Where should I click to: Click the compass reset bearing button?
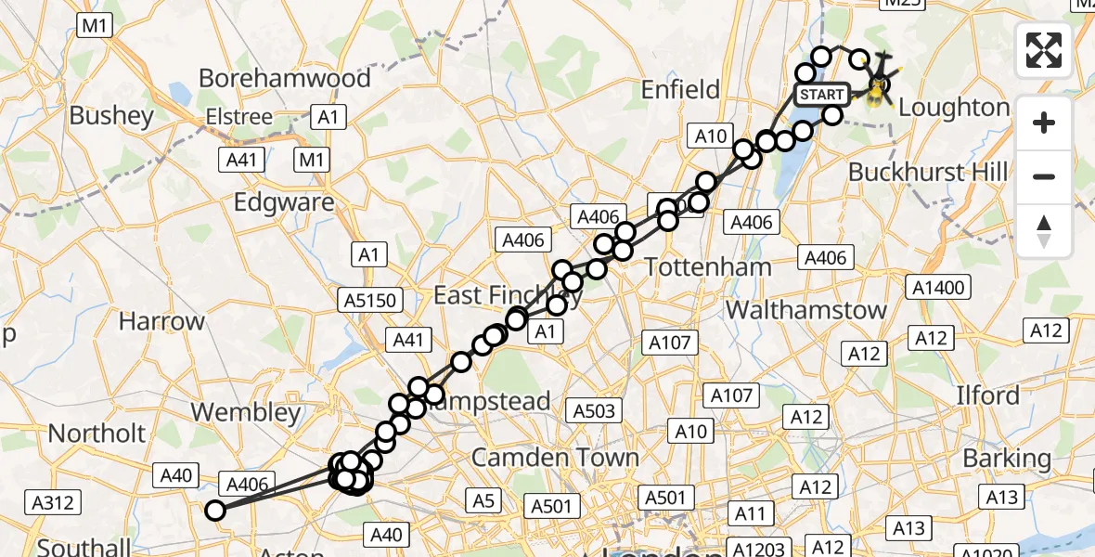click(x=1044, y=231)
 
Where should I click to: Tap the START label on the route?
click(x=820, y=95)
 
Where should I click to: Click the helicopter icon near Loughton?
click(x=878, y=85)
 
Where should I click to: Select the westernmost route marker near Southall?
click(x=215, y=510)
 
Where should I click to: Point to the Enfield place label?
click(x=681, y=90)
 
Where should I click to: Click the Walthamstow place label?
click(x=806, y=309)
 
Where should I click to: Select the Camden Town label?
click(x=555, y=457)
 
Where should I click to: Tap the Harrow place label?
click(x=161, y=322)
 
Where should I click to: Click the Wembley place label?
click(x=245, y=412)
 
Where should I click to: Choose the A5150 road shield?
click(x=370, y=300)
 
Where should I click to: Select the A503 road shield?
click(x=595, y=410)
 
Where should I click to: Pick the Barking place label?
click(x=1007, y=459)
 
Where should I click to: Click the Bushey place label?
click(x=111, y=116)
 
